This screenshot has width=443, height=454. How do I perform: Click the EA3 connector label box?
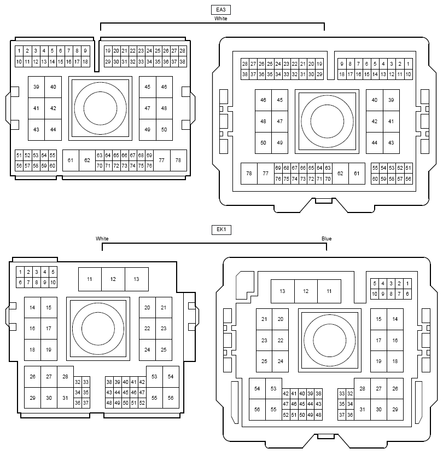[220, 10]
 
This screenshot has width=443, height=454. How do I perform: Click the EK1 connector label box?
[221, 229]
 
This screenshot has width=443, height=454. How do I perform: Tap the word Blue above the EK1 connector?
[327, 239]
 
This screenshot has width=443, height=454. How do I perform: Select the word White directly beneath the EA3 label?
[220, 19]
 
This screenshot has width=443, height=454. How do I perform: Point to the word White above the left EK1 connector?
[102, 239]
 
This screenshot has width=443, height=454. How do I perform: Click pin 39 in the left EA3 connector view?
[36, 87]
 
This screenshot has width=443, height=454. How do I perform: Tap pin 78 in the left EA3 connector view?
[178, 160]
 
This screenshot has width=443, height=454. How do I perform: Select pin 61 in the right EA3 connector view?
[357, 174]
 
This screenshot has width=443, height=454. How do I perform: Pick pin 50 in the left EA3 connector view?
[164, 130]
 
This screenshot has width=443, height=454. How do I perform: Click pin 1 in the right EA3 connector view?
[408, 64]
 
